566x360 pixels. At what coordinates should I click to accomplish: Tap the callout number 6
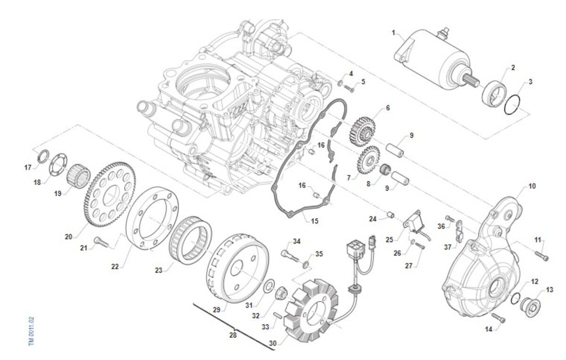tap(388, 108)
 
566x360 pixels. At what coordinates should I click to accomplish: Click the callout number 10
tap(532, 186)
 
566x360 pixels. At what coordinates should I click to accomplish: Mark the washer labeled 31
tap(268, 285)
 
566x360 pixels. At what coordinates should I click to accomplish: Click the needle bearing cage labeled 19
tap(78, 175)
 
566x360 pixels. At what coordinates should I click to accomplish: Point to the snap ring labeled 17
tap(43, 156)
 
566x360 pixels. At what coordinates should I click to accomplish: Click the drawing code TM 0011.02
tap(31, 331)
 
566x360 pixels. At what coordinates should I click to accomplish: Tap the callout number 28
tap(233, 335)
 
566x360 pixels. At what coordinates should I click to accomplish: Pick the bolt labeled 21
tap(101, 242)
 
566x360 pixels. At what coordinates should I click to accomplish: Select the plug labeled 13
tap(530, 307)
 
